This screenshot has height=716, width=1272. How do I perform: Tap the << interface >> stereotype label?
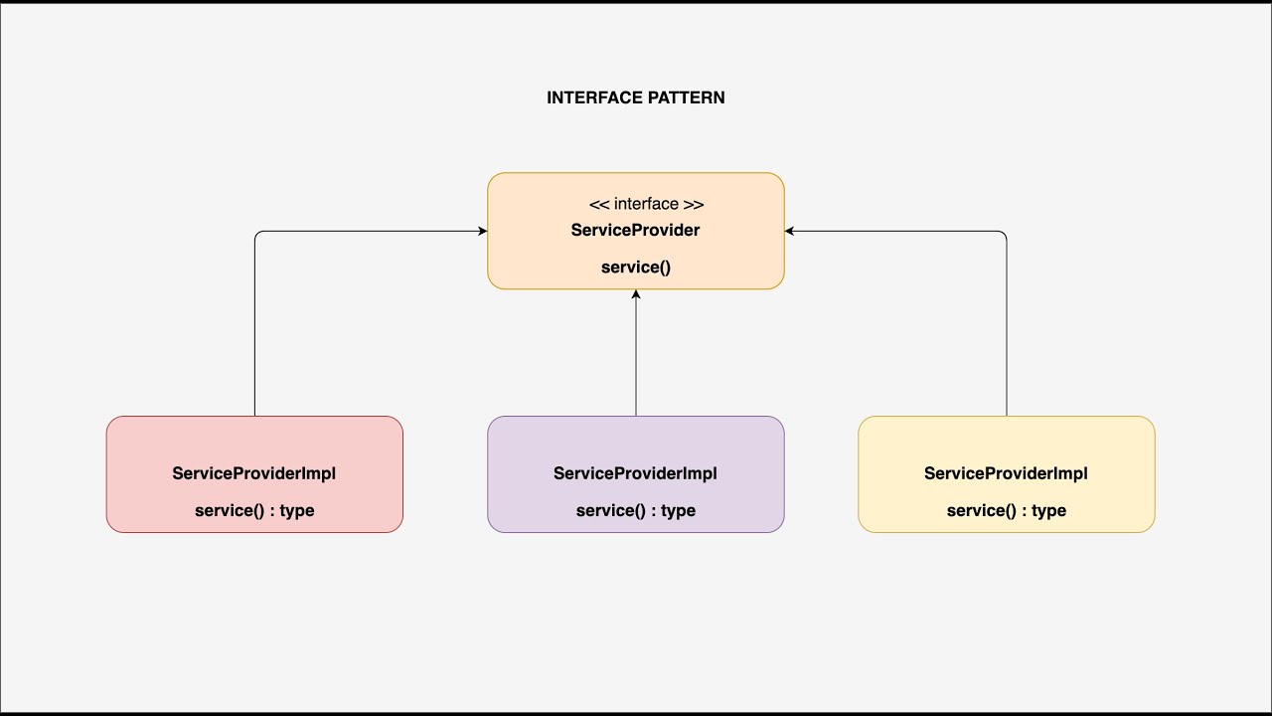coord(646,204)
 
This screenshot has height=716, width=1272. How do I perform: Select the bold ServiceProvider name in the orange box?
coord(635,230)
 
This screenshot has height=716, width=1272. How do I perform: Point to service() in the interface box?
coord(636,267)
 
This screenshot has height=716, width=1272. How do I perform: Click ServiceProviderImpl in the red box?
coord(253,473)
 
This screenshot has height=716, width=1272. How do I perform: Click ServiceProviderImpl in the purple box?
coord(635,473)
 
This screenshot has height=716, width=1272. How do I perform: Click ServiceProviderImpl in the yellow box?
coord(1006,473)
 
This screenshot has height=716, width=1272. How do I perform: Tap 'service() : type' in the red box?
coord(254,510)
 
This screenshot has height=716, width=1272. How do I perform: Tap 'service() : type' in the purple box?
coord(636,510)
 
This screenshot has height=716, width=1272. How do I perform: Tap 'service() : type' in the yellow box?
coord(1007,510)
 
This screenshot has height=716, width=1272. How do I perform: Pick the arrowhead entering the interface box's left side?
coord(483,232)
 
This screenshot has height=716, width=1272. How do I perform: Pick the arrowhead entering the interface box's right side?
coord(789,232)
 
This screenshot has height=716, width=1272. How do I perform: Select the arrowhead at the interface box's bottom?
coord(636,294)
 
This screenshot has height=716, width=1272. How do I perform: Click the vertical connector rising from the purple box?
coord(636,358)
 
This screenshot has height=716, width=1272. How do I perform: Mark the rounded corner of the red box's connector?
coord(257,235)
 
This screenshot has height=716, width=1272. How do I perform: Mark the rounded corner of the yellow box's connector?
coord(1004,235)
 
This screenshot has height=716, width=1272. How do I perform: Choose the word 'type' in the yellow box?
coord(1048,510)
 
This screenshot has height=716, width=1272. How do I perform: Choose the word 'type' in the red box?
coord(296,510)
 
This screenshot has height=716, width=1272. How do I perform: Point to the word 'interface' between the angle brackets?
coord(646,204)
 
